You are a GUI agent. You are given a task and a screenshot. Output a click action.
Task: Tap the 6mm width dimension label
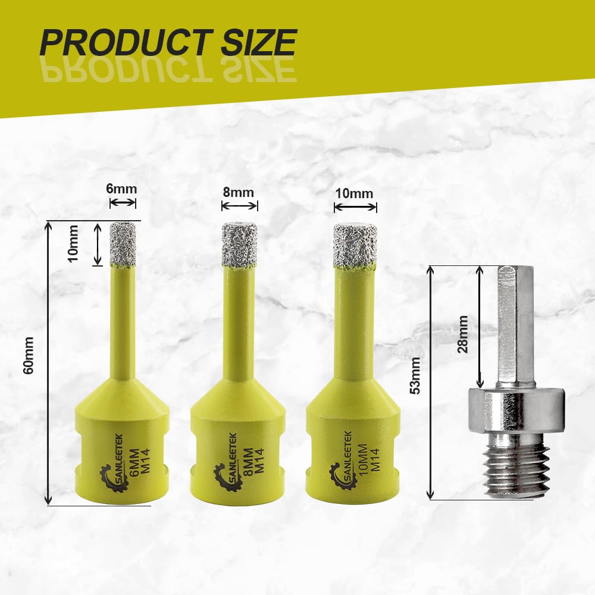tap(121, 189)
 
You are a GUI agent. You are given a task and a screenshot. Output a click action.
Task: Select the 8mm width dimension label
tap(239, 192)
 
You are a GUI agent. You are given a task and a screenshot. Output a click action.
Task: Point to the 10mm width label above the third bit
tap(354, 193)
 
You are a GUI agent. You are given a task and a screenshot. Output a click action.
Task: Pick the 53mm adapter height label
tap(416, 375)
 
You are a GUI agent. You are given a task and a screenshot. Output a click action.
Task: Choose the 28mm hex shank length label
tap(462, 334)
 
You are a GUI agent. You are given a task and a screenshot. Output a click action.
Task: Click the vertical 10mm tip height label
tap(73, 243)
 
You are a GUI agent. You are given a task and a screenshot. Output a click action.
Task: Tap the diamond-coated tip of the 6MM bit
tap(123, 244)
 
